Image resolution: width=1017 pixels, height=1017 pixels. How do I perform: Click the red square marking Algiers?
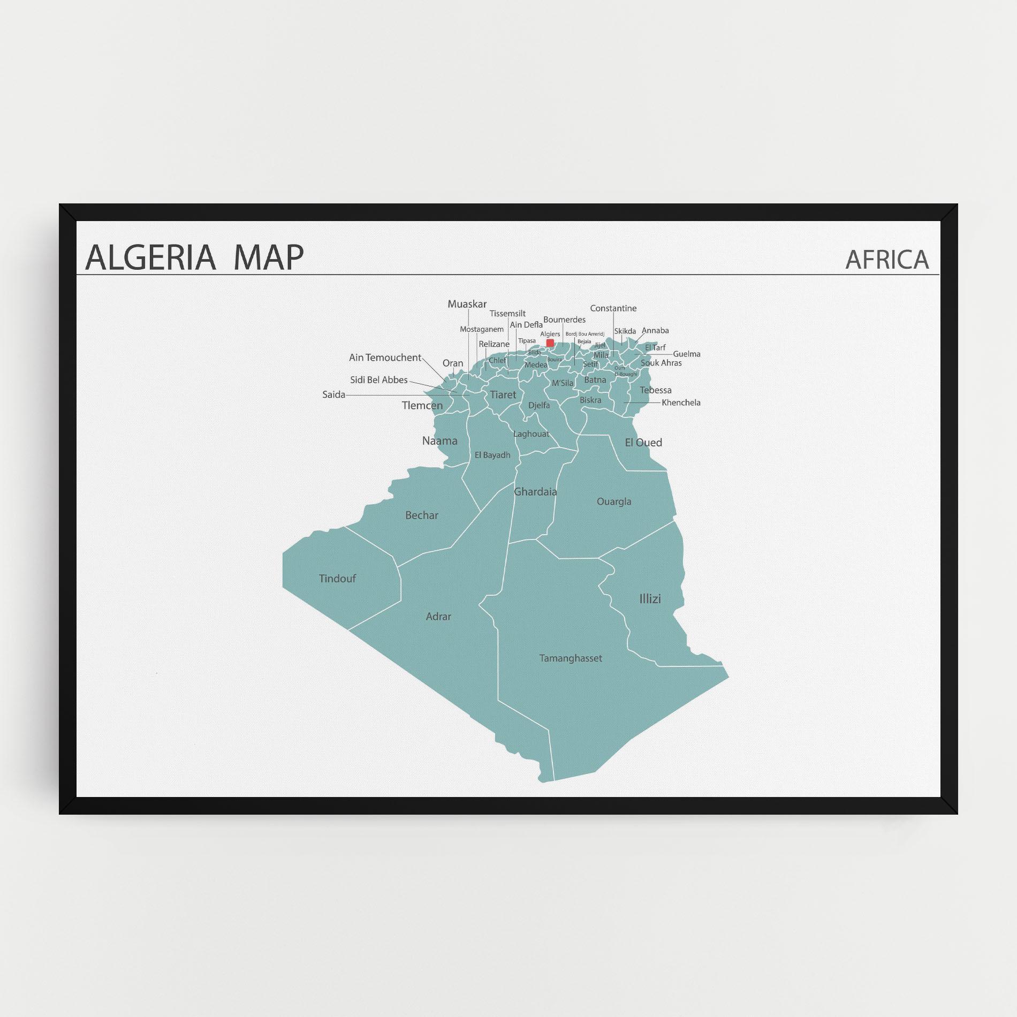[550, 343]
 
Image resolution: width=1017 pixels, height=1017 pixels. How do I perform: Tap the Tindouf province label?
[337, 579]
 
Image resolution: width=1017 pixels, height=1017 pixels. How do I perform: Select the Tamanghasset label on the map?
[571, 658]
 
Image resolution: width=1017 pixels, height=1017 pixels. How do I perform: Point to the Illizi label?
[650, 599]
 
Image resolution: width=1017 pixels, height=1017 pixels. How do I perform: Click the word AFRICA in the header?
[887, 260]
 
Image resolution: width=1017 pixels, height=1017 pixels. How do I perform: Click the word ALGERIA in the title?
[150, 257]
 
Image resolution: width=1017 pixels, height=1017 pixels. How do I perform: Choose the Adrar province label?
[438, 617]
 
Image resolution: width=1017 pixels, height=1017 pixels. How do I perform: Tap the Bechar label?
[422, 515]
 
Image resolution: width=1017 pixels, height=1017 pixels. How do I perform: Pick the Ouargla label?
[614, 502]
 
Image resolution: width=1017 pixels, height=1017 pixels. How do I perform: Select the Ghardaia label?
[535, 491]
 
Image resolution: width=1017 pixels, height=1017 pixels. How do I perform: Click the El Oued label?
[643, 443]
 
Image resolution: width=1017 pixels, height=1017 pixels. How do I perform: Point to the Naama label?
[440, 441]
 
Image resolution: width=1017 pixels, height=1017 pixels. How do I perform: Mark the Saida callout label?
[333, 395]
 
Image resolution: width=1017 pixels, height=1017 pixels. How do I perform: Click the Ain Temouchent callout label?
[385, 358]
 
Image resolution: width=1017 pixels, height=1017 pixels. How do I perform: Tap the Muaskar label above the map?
[467, 304]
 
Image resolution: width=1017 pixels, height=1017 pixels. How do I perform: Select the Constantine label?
[613, 308]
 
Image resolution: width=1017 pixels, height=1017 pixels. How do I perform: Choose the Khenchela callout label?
[681, 403]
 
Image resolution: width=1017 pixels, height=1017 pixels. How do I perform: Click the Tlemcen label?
[422, 406]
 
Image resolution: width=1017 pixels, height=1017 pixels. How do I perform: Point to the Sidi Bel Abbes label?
[379, 380]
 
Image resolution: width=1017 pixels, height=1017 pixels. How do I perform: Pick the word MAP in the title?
[269, 257]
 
